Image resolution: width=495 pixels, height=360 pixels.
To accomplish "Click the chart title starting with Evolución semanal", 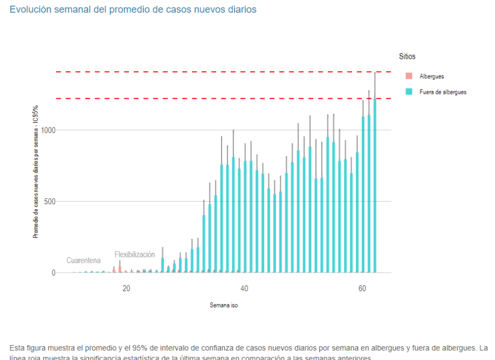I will click(x=133, y=10).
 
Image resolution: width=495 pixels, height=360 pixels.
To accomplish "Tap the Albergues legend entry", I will click(x=432, y=77).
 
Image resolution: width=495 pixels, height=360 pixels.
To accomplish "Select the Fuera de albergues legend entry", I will click(x=443, y=92).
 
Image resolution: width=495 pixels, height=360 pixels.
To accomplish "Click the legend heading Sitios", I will click(x=407, y=56).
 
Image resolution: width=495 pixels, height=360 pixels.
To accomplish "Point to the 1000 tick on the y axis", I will click(x=48, y=130).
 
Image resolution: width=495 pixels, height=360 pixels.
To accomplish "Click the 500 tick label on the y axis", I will click(x=50, y=202).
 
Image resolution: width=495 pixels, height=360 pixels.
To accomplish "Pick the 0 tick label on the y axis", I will click(x=53, y=273).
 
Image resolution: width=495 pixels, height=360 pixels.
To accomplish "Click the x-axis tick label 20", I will click(x=126, y=289).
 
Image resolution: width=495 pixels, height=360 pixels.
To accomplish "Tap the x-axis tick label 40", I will click(x=244, y=289).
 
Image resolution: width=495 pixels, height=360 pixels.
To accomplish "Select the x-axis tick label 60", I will click(x=362, y=289).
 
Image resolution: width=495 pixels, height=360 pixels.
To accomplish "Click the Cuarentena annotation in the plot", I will click(x=83, y=261).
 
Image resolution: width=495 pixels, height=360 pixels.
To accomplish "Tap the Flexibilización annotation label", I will click(x=135, y=254).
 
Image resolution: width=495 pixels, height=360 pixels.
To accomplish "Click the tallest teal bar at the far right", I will click(x=375, y=187).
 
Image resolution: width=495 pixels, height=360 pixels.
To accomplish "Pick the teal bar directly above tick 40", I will click(x=245, y=224).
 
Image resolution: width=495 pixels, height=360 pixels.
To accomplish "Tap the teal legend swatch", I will click(x=409, y=92).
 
